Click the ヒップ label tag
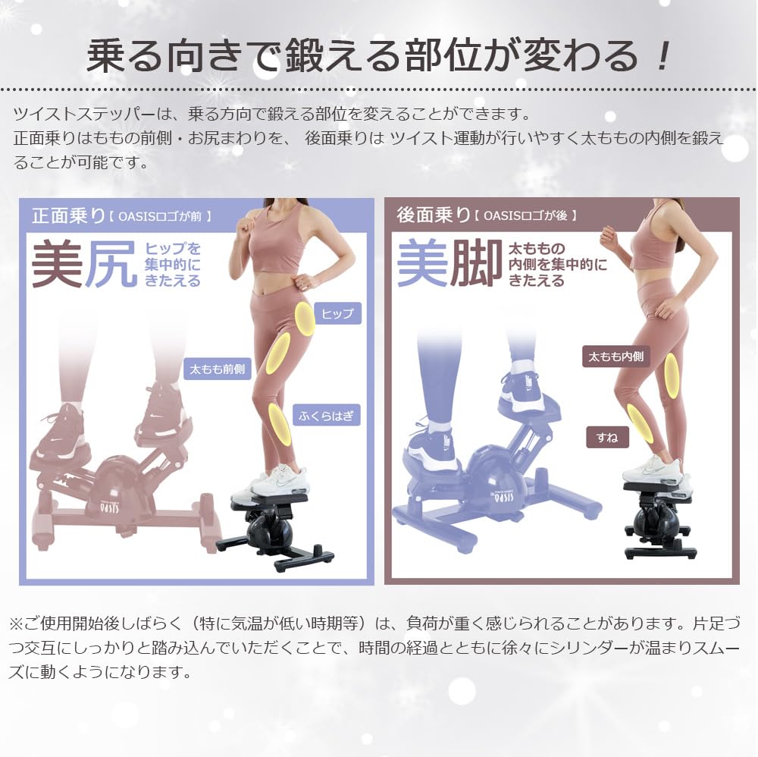click(337, 313)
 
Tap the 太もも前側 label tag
click(218, 369)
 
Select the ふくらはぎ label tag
click(326, 415)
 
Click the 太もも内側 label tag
click(616, 356)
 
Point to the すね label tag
click(607, 438)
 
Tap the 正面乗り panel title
click(68, 215)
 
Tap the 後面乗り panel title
click(434, 215)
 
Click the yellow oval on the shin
click(640, 422)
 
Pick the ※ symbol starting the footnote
click(17, 624)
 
